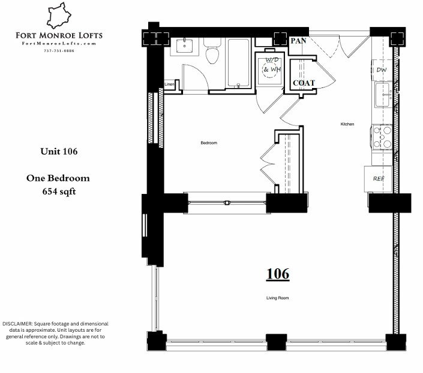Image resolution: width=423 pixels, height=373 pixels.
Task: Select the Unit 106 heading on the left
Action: pyautogui.click(x=59, y=151)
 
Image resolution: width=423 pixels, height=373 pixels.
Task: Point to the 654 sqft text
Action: pyautogui.click(x=58, y=192)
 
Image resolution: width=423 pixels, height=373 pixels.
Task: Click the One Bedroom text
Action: pyautogui.click(x=58, y=178)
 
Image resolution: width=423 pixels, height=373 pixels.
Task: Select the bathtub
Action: pyautogui.click(x=238, y=63)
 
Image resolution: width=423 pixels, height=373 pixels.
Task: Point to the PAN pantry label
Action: pyautogui.click(x=298, y=41)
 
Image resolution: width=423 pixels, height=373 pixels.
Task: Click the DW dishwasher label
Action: pyautogui.click(x=381, y=70)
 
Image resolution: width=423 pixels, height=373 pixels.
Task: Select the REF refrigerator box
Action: pyautogui.click(x=379, y=178)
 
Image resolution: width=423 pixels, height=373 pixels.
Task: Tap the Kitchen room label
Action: pyautogui.click(x=347, y=124)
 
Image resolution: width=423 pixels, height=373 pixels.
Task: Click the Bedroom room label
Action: pyautogui.click(x=208, y=143)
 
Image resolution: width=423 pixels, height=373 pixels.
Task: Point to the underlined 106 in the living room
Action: pyautogui.click(x=278, y=274)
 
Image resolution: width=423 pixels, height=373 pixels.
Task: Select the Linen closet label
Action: pyautogui.click(x=170, y=84)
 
